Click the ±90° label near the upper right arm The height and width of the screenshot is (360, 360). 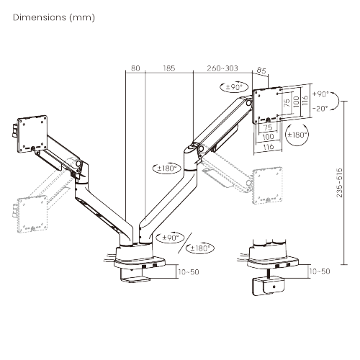[x=234, y=87]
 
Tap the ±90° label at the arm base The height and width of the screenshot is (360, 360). [x=171, y=237]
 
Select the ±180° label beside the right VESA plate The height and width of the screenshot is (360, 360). [x=297, y=135]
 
